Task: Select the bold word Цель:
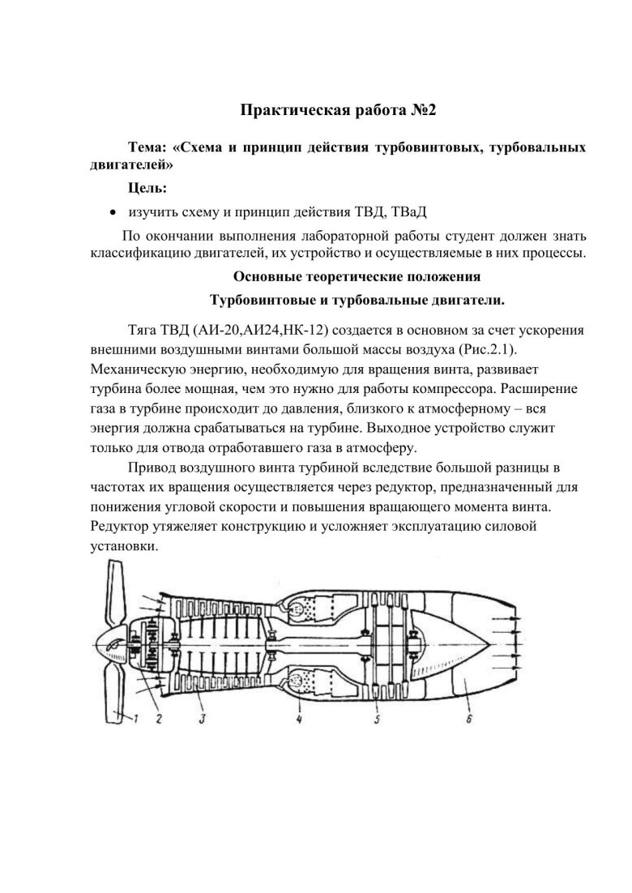tap(147, 188)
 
